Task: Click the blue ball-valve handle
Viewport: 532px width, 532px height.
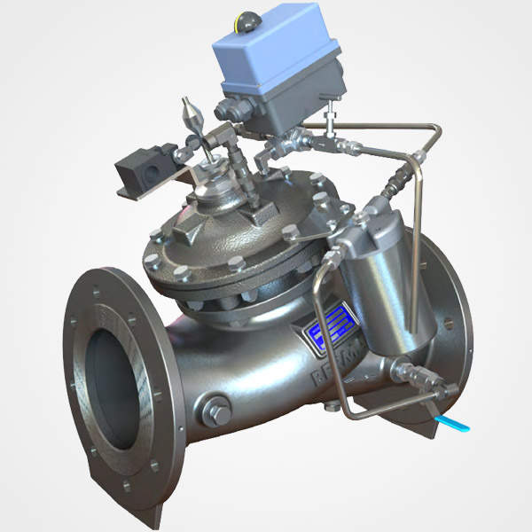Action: coord(455,424)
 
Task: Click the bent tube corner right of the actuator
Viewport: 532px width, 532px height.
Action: coord(434,133)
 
